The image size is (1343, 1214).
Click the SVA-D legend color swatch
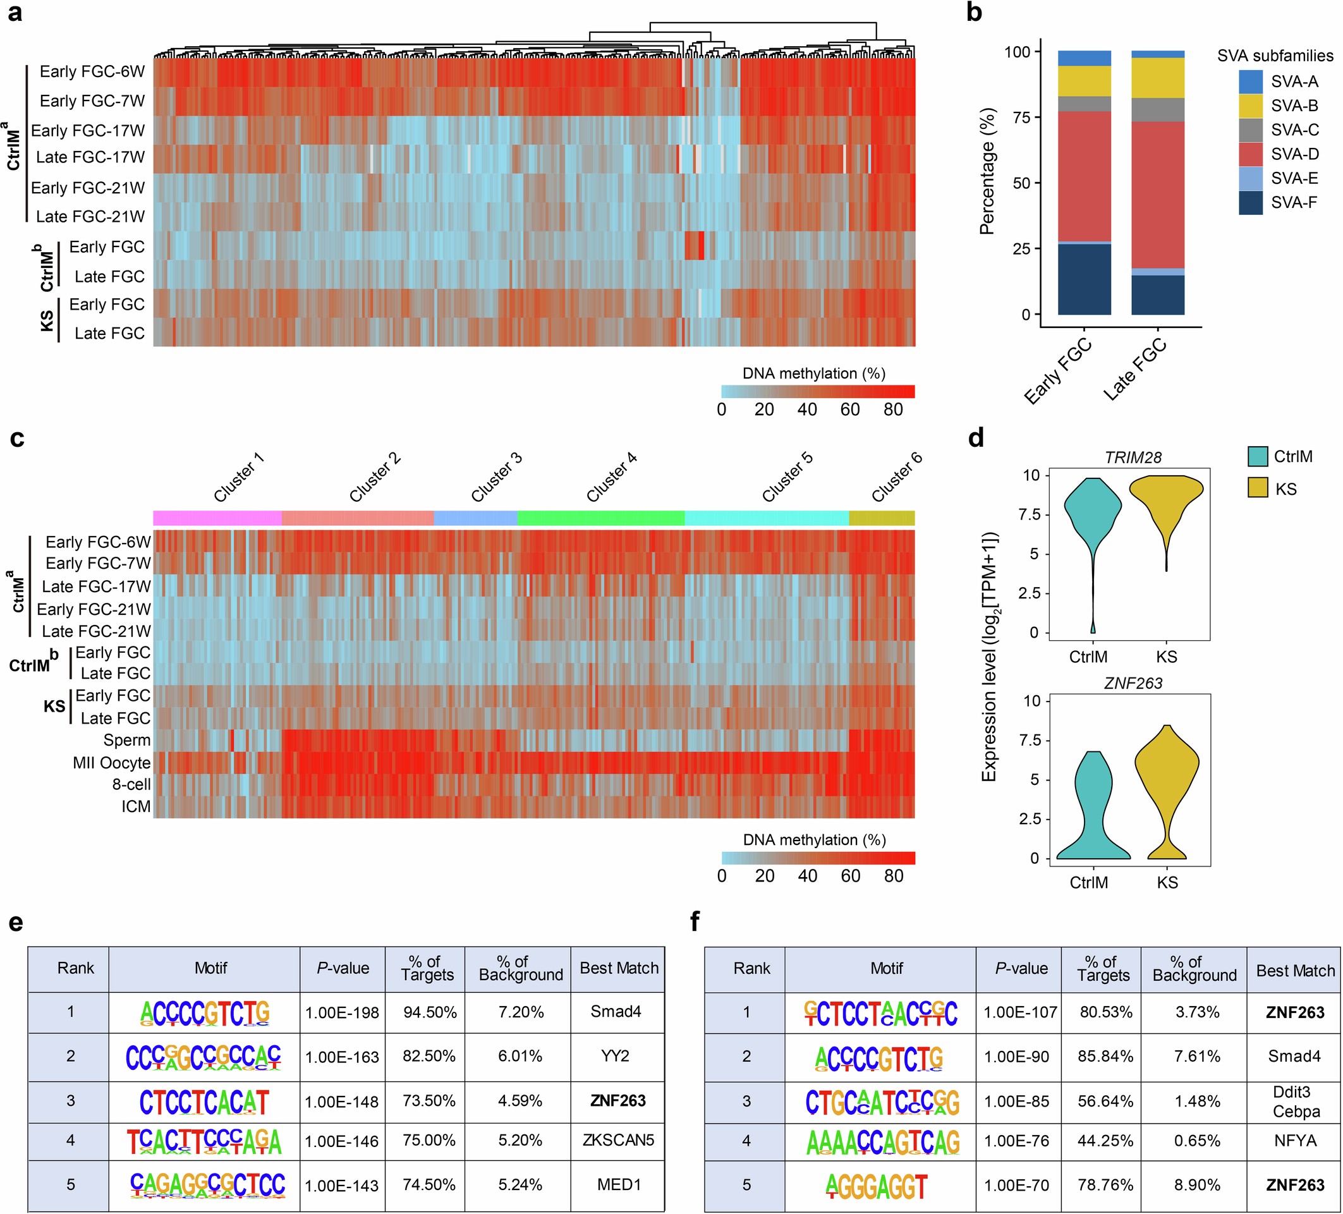click(1250, 154)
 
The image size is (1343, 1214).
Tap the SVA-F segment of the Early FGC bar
click(1084, 279)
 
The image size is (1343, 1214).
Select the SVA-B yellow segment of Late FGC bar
click(1157, 78)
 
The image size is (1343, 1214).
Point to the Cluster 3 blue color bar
click(475, 518)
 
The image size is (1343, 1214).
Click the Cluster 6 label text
click(897, 477)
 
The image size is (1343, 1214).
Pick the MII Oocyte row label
click(111, 762)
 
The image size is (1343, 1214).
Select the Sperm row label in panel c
click(126, 740)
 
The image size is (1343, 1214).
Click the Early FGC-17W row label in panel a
click(87, 131)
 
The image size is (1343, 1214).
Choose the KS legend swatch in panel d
click(1257, 489)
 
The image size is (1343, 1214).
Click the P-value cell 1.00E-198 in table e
click(342, 1013)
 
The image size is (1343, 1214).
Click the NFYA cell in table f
click(1294, 1141)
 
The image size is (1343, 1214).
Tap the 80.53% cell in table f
click(1105, 1012)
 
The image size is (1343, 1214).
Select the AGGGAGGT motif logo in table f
click(876, 1186)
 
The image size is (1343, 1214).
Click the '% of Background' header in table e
click(520, 969)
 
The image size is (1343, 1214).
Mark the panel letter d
click(975, 439)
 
